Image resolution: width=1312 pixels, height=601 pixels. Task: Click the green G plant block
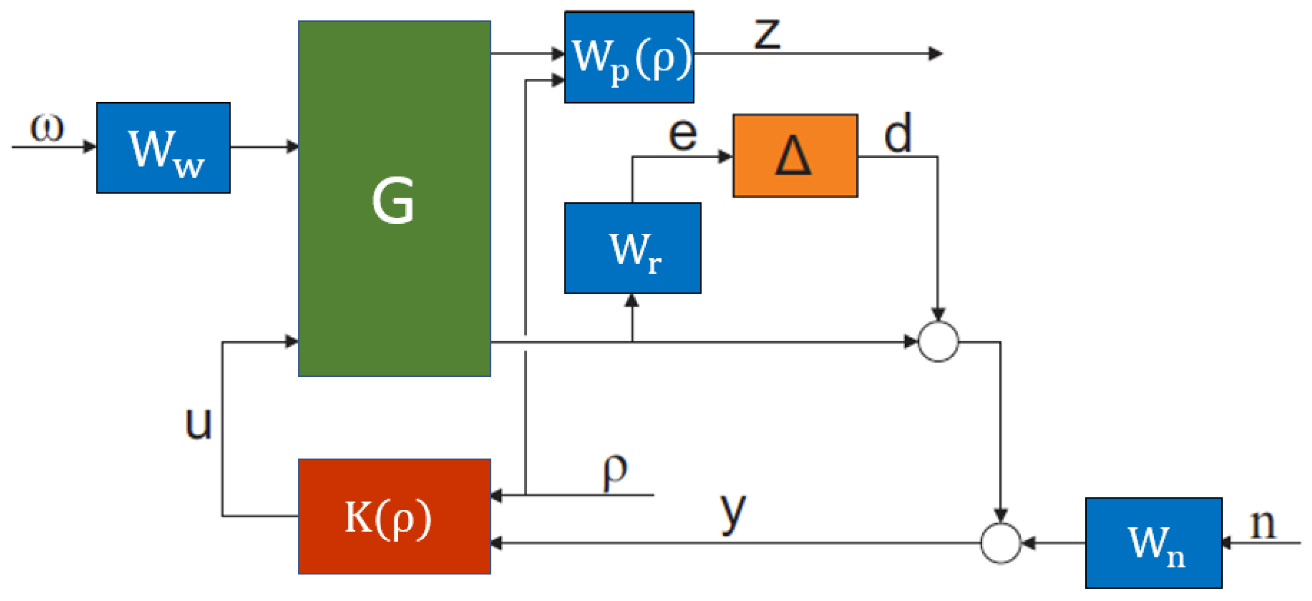coord(394,199)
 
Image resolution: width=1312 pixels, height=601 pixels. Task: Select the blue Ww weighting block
coord(163,148)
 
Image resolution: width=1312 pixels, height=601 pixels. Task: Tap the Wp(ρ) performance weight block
coord(629,57)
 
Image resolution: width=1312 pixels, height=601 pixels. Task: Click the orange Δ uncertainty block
coord(795,155)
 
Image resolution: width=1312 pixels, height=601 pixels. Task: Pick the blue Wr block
coord(632,248)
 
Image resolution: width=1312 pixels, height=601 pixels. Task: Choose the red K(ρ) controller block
coord(394,516)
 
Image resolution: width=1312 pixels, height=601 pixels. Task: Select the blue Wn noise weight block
coord(1154,543)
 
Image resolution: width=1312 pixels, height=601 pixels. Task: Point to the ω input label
coord(47,127)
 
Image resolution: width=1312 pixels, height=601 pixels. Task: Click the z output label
coord(767,34)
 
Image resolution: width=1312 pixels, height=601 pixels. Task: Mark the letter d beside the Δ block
coord(898,134)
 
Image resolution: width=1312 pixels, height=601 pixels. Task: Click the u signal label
coord(198,424)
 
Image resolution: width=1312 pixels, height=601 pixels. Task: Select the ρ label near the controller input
coord(615,471)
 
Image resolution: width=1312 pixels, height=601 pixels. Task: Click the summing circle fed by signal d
coord(938,342)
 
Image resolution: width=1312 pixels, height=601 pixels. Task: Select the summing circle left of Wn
coord(1001,543)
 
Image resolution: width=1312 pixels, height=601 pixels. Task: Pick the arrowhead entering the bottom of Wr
coord(632,300)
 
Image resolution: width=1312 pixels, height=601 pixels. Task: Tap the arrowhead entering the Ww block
coord(90,147)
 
